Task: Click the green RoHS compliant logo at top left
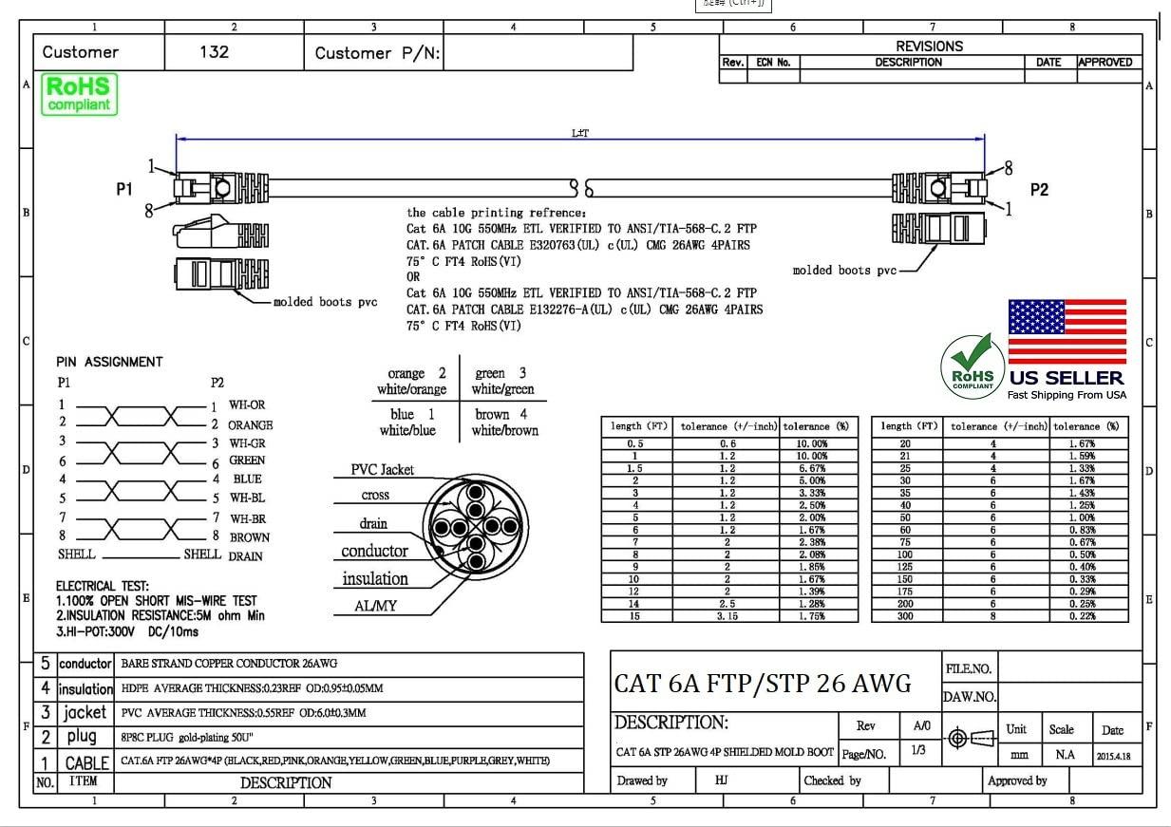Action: [x=79, y=95]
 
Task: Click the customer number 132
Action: [x=214, y=52]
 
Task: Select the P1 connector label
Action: [x=124, y=189]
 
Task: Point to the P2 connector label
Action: [x=1039, y=189]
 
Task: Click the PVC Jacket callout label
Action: [x=382, y=470]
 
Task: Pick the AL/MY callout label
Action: [x=375, y=606]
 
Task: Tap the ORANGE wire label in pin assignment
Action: [x=250, y=424]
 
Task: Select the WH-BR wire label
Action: [x=247, y=518]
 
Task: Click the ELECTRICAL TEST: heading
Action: [x=103, y=587]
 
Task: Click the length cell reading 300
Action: [x=905, y=616]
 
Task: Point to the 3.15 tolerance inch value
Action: [x=727, y=616]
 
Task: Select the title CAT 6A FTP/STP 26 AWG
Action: [x=762, y=683]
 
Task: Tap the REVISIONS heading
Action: [x=929, y=46]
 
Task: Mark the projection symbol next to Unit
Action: [x=971, y=738]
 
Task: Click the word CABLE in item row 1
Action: [x=86, y=762]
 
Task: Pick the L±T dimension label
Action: [x=579, y=133]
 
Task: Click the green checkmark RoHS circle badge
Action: [x=973, y=367]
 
